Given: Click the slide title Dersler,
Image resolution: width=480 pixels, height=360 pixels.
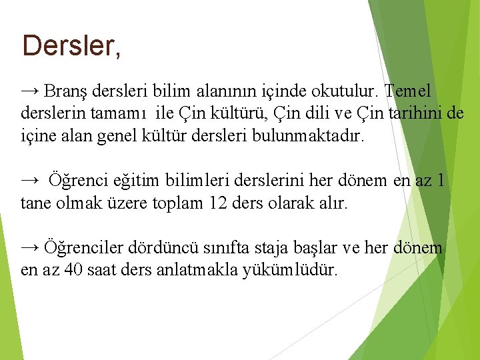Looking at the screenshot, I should [71, 46].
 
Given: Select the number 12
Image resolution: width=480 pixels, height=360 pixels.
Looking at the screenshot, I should [218, 203].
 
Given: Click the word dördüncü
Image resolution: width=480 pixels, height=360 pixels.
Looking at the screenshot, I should [162, 248].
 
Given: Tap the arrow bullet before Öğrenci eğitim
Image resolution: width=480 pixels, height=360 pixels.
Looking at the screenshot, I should [30, 180].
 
